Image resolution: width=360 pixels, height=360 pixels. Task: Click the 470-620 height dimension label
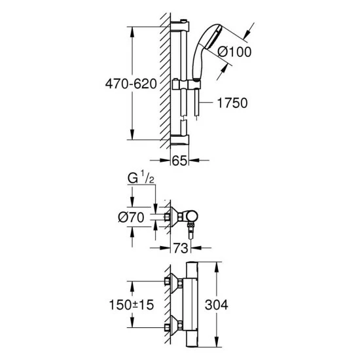pyautogui.click(x=131, y=84)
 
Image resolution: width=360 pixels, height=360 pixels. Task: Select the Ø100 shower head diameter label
pyautogui.click(x=234, y=52)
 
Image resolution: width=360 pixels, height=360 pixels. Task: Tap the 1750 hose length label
pyautogui.click(x=232, y=103)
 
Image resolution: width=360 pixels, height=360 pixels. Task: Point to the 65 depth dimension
pyautogui.click(x=179, y=160)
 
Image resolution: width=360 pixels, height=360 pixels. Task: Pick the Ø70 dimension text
pyautogui.click(x=131, y=217)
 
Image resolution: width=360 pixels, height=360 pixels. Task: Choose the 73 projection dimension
pyautogui.click(x=181, y=248)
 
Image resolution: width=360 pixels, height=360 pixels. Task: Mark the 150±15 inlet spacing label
pyautogui.click(x=132, y=305)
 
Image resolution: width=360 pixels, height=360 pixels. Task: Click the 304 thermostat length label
pyautogui.click(x=217, y=304)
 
